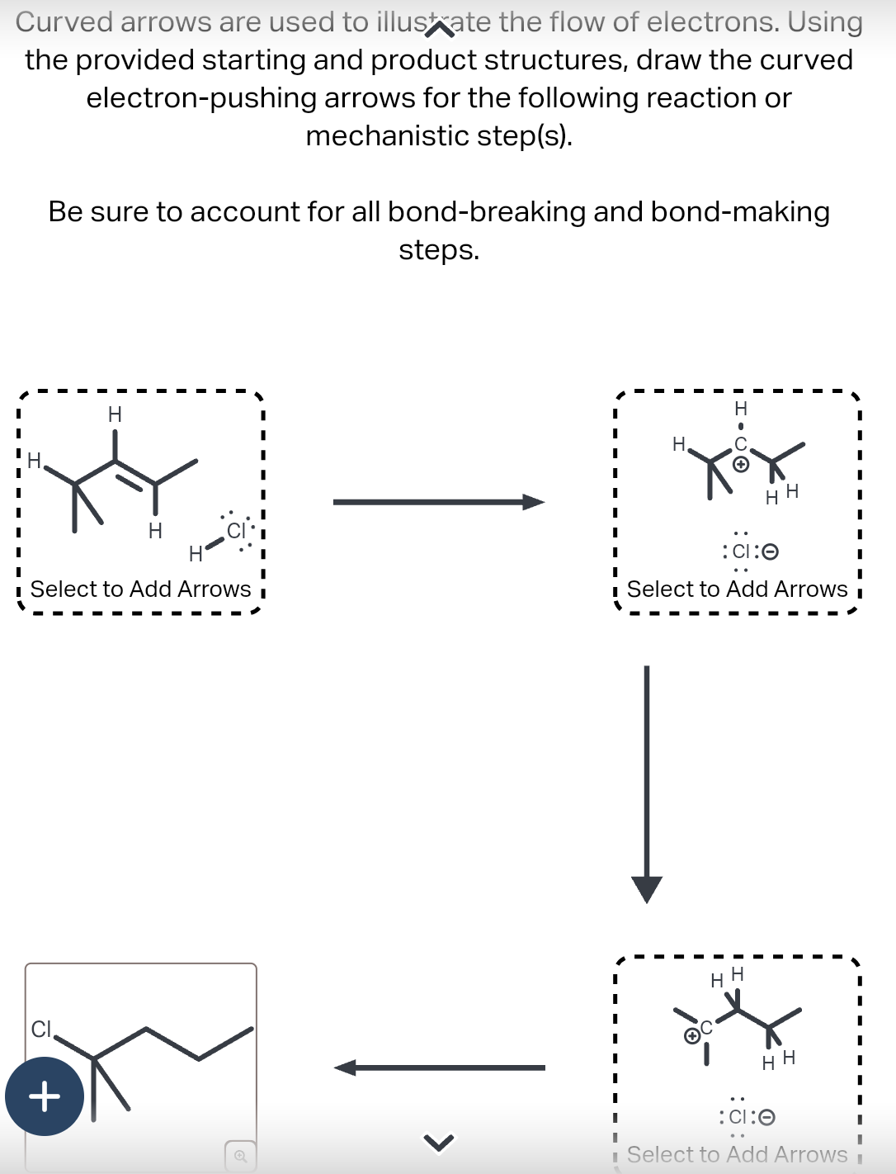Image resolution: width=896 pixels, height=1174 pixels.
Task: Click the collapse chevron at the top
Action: pos(439,31)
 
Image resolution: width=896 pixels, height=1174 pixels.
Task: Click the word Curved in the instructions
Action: pos(64,22)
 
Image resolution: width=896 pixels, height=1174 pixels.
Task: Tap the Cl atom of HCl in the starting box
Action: pos(236,530)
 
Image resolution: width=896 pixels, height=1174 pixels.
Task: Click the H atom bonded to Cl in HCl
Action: pos(196,553)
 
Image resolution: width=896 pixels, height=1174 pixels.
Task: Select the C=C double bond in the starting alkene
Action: pos(134,473)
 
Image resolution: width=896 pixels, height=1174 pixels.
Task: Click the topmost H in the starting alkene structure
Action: pos(115,414)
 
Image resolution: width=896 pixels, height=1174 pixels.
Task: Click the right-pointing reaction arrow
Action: pos(438,502)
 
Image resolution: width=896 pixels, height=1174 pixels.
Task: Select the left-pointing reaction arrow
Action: pos(438,1067)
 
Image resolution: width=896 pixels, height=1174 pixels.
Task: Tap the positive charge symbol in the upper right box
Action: pos(741,465)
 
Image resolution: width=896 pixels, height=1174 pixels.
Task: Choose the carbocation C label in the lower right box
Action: pos(706,1030)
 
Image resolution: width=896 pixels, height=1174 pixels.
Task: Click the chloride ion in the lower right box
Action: pos(743,1117)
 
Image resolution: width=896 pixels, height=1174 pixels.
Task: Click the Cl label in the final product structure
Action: pos(41,1029)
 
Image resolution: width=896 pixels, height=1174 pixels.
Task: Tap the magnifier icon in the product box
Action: pos(240,1155)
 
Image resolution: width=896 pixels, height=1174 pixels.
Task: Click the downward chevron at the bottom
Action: pos(439,1143)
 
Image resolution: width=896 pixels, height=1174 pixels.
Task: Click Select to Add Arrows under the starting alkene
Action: pos(140,589)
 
